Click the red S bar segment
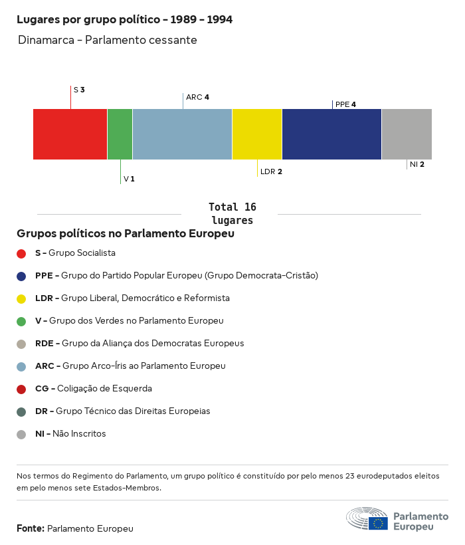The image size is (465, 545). point(70,134)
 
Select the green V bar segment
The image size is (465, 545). point(120,134)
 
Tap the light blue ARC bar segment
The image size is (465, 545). point(182,134)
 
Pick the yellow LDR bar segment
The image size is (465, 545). point(257,134)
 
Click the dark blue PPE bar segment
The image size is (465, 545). point(331,134)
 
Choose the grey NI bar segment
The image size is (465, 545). point(407,134)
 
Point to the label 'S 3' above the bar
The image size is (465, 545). point(79,89)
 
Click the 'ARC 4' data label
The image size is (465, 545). point(197,97)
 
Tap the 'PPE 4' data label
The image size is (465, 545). point(345,104)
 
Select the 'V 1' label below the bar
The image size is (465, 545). point(129,179)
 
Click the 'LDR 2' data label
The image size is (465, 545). point(271,171)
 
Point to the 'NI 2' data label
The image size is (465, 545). point(417,164)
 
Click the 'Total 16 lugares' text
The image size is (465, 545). point(232,213)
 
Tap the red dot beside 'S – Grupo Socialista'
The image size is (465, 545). point(21,253)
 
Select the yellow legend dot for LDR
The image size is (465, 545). point(21,298)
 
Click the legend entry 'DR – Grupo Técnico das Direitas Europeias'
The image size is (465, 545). point(123,411)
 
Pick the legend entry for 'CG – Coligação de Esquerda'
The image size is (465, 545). point(94,389)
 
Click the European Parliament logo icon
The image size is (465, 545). point(367,518)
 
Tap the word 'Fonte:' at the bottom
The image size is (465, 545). point(31,528)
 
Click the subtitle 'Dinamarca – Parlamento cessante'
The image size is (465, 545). point(108,40)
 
